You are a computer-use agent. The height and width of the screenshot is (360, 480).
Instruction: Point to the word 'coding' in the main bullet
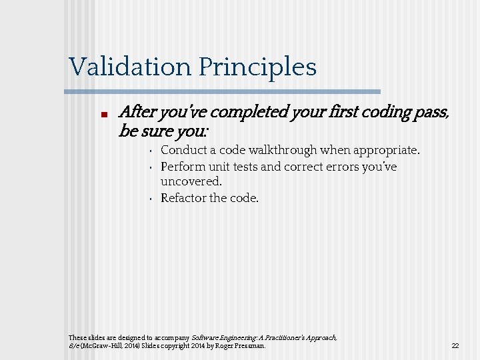click(385, 112)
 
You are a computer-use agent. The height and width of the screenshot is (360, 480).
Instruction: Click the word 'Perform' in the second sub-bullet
click(183, 167)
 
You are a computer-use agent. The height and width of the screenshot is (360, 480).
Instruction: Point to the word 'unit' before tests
click(221, 167)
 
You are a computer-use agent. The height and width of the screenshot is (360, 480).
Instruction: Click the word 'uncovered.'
click(191, 181)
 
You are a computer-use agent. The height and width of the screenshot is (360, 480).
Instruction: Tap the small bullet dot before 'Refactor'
click(151, 199)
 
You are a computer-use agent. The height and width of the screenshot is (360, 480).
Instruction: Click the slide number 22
click(455, 346)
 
